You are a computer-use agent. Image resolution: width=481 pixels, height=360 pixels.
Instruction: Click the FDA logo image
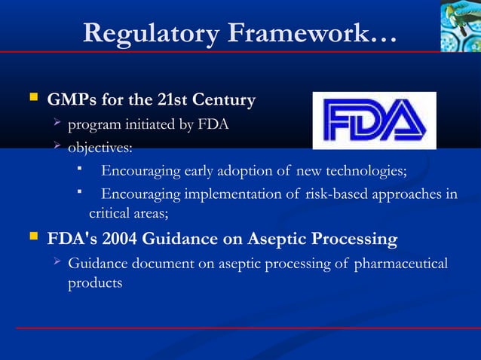pos(374,121)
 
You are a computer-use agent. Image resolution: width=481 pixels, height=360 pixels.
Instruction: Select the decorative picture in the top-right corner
pos(460,26)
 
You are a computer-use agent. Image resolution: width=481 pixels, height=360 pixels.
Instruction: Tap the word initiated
pos(141,124)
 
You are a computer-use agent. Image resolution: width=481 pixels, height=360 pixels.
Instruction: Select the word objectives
pos(100,146)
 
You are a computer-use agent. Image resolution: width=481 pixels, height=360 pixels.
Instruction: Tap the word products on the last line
pos(95,283)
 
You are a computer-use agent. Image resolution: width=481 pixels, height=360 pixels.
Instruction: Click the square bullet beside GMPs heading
pos(32,98)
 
